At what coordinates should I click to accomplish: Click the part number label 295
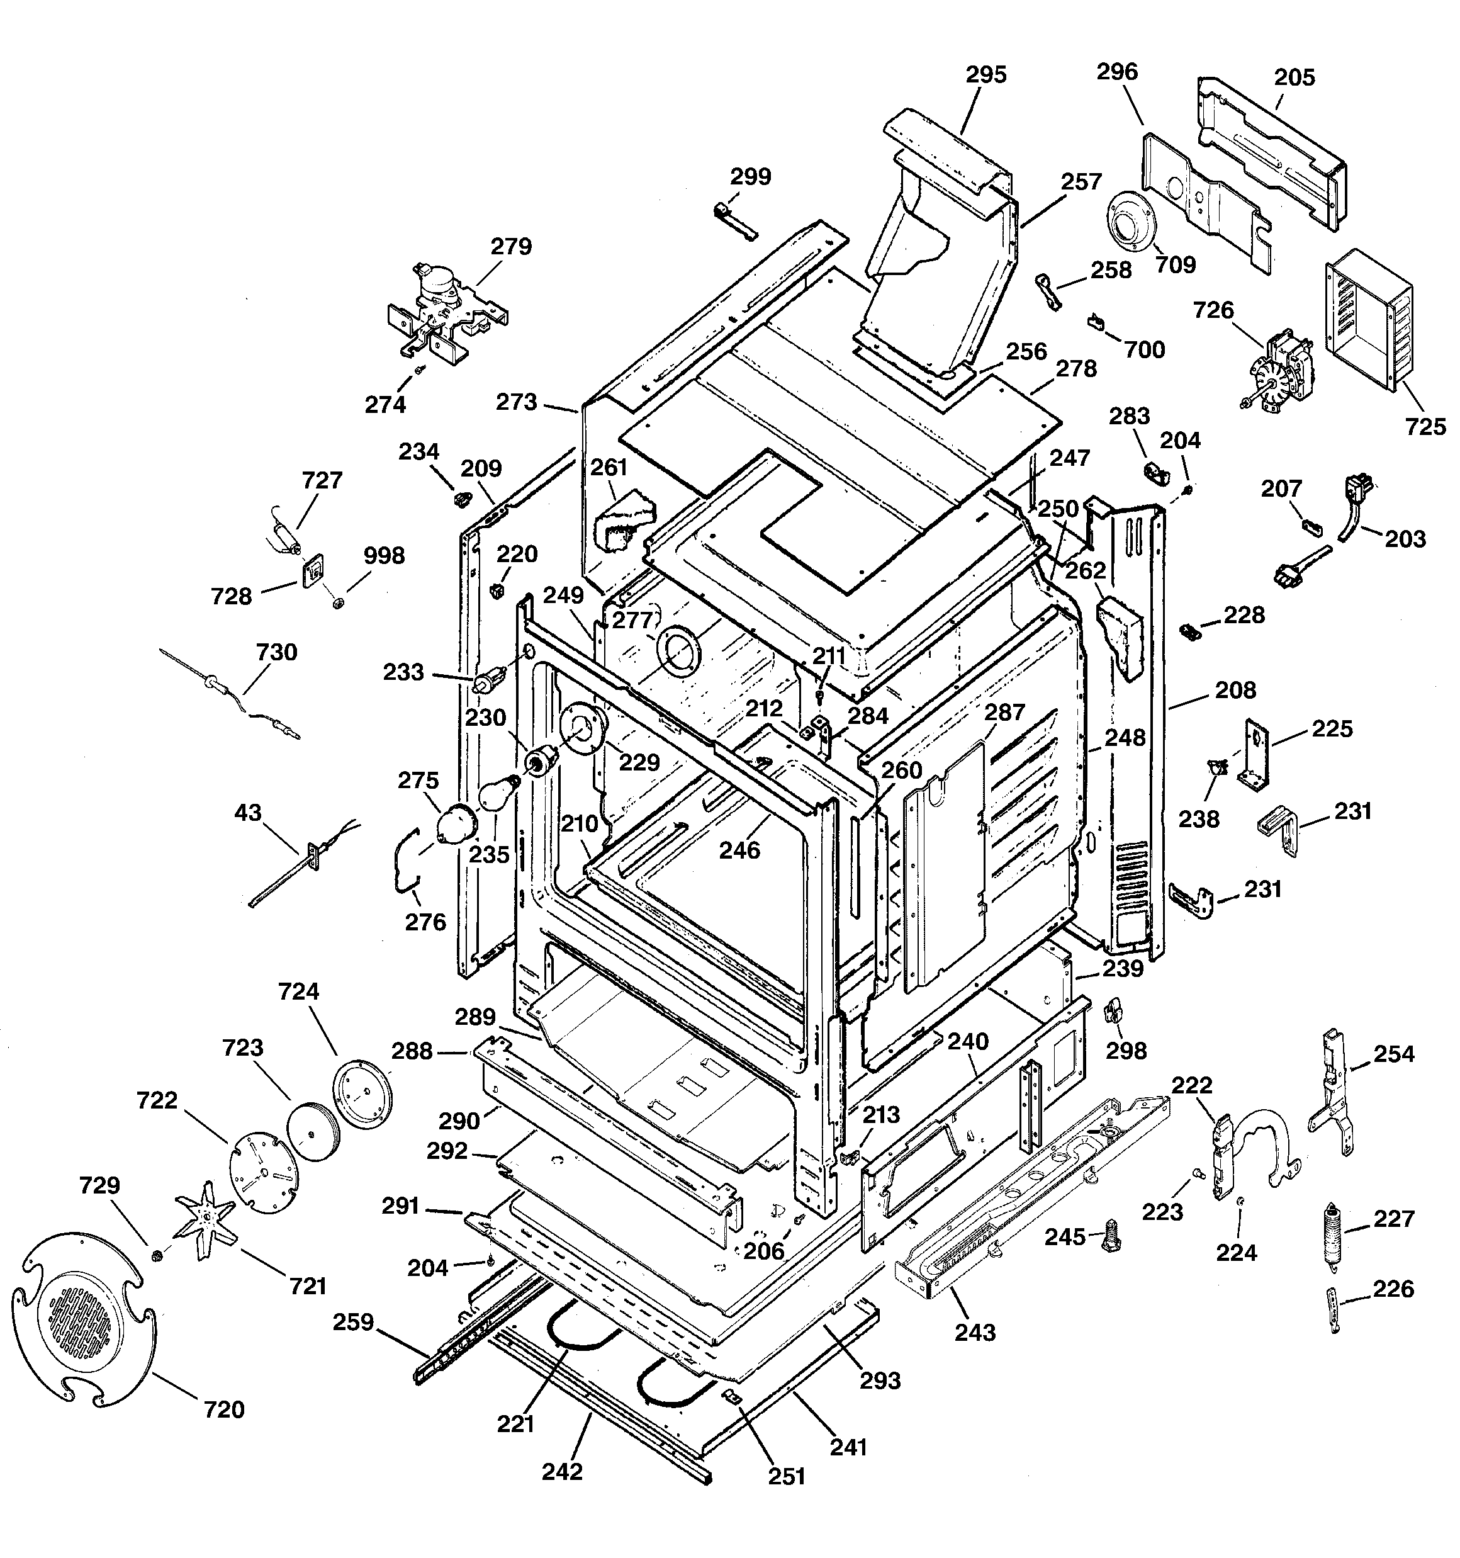pos(985,76)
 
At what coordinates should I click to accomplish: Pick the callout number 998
pos(384,556)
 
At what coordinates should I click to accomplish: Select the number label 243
pos(975,1332)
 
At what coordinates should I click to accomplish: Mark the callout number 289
pos(475,1017)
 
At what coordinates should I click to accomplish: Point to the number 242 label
pos(562,1472)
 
